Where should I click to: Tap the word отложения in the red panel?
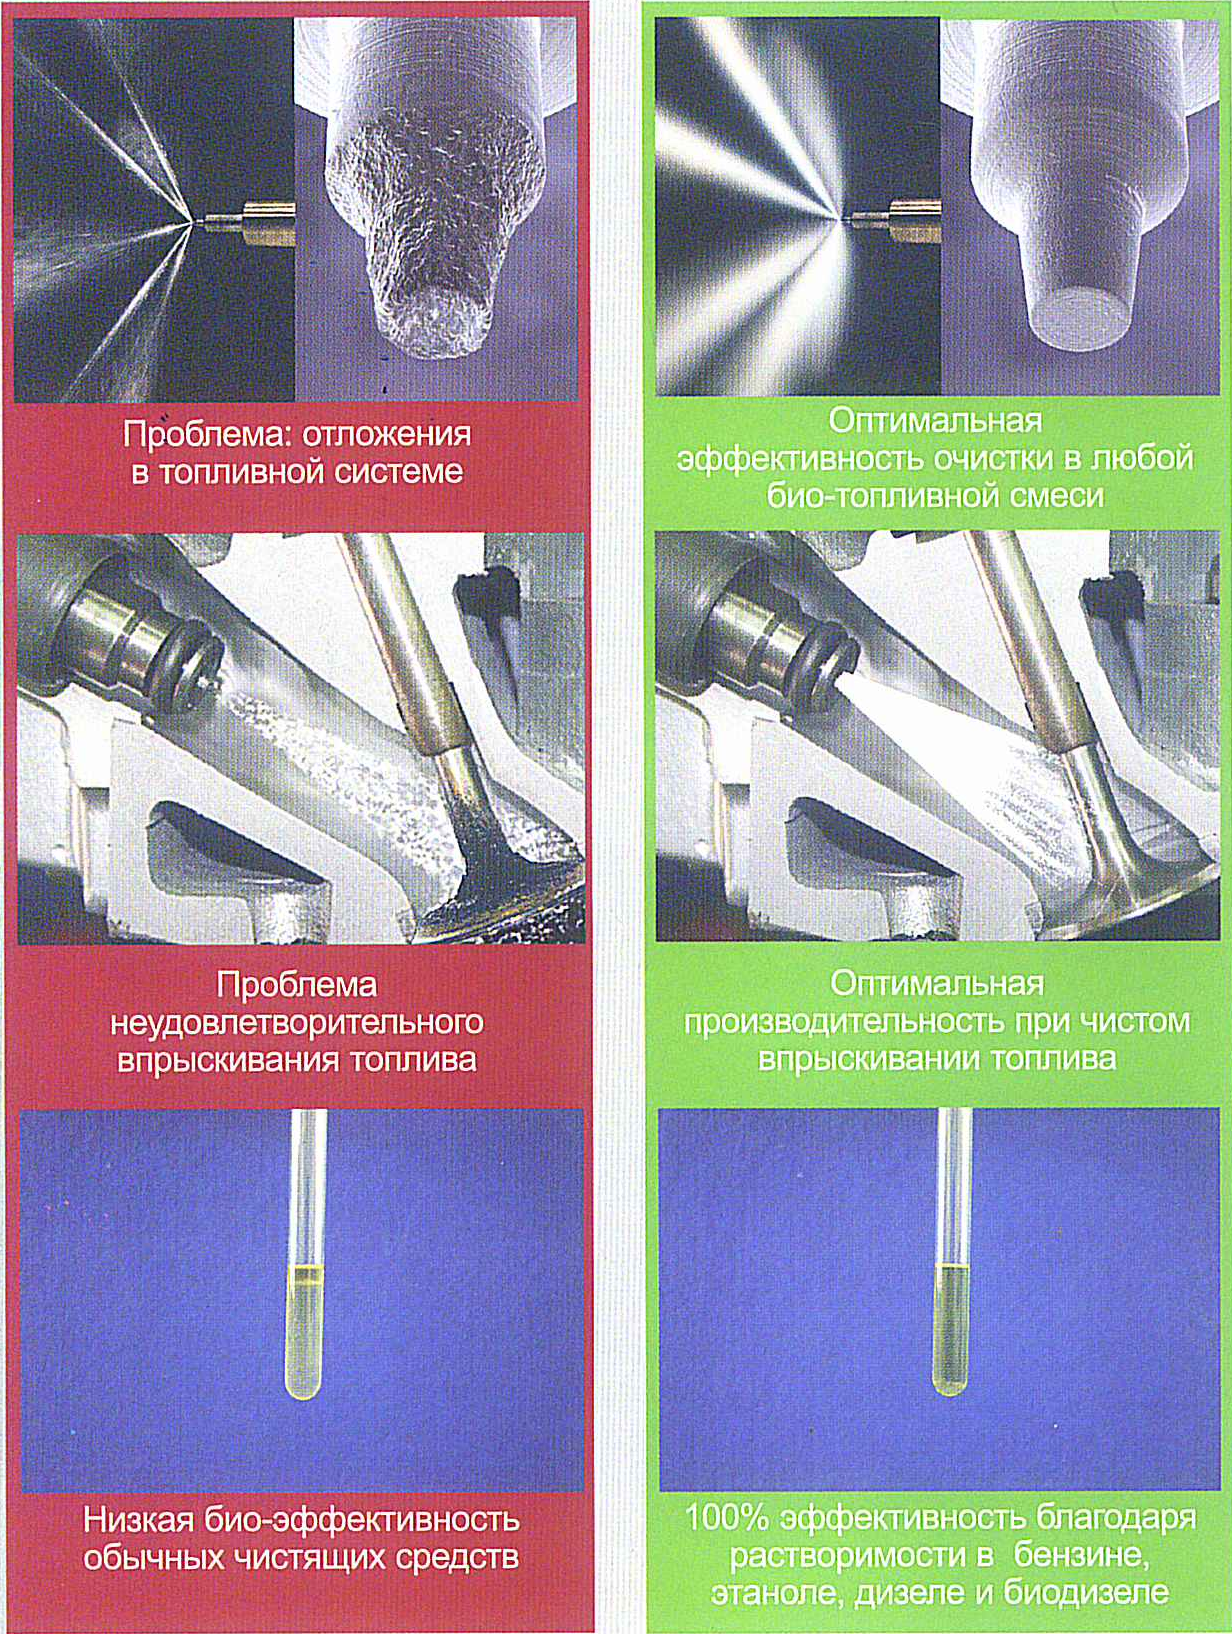click(386, 435)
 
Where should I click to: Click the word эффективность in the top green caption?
click(799, 458)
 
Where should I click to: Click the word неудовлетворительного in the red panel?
click(297, 1022)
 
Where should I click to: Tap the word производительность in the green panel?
click(842, 1021)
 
